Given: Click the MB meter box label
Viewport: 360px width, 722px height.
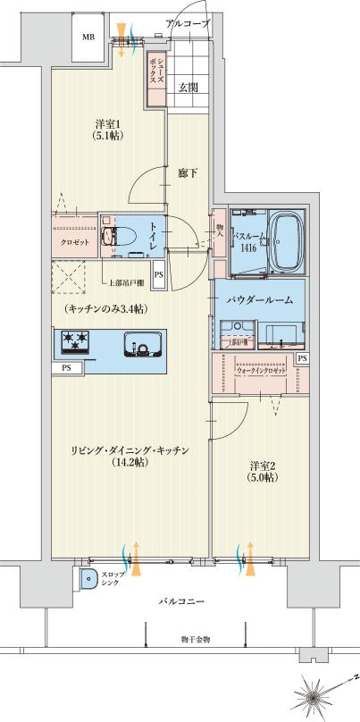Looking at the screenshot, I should point(88,37).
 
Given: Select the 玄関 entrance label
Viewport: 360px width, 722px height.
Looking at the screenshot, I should point(188,87).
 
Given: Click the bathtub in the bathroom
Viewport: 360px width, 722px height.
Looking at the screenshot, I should point(286,242).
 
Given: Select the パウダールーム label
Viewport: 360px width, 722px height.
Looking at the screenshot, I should point(259,301).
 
